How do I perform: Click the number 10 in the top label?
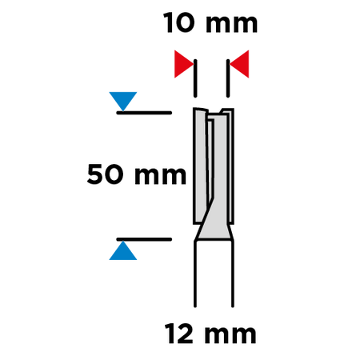tap(179, 23)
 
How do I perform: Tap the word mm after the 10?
tap(231, 24)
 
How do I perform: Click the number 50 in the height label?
tap(106, 174)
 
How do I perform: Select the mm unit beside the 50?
tap(160, 176)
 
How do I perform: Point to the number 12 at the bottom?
tap(178, 333)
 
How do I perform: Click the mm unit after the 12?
tap(230, 334)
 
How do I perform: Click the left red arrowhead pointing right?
tap(184, 64)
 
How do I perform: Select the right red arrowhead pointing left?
tap(239, 64)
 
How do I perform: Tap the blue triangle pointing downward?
tap(123, 102)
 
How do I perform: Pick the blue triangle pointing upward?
tap(123, 250)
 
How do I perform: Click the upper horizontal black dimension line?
tap(144, 113)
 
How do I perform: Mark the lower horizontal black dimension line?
tap(144, 239)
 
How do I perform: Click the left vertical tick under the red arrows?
tap(195, 78)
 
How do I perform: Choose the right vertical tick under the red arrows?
tap(228, 78)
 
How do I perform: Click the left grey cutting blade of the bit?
tap(200, 166)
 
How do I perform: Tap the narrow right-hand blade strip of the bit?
tap(231, 166)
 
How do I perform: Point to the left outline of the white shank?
tap(195, 274)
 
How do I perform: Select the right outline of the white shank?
tap(233, 274)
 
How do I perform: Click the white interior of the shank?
tap(214, 274)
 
